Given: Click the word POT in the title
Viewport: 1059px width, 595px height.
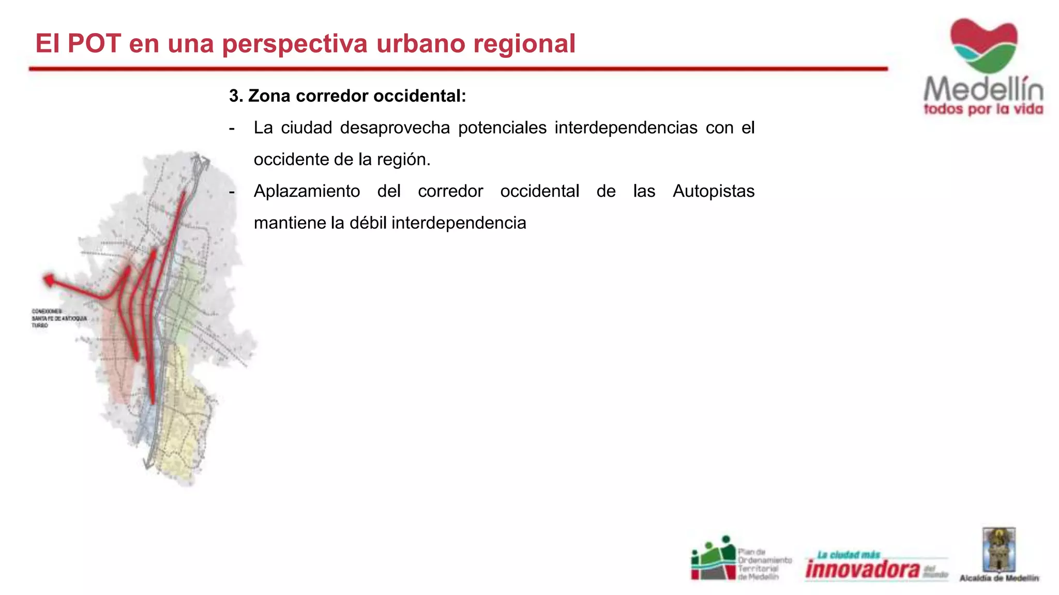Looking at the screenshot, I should click(x=94, y=43).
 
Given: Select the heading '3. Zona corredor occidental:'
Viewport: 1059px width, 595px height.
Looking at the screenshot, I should click(x=347, y=96).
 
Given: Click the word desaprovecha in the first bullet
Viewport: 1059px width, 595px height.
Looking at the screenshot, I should click(x=395, y=128).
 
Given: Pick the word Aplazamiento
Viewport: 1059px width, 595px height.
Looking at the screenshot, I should click(x=307, y=191).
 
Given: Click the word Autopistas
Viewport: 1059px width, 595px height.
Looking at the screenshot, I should click(x=714, y=191).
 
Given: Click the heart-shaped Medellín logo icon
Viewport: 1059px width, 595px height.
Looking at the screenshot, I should click(x=984, y=45).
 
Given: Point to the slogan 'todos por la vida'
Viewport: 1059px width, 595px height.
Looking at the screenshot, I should click(x=983, y=109).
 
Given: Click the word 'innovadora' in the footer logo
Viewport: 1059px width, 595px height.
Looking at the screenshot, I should click(x=863, y=569).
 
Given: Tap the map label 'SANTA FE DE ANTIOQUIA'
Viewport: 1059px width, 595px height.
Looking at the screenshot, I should click(x=59, y=319).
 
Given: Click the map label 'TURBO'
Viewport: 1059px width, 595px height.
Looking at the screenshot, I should click(x=39, y=326).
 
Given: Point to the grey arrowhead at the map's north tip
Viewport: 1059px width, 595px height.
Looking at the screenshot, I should click(x=203, y=160).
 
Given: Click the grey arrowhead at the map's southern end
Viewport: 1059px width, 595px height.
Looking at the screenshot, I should click(x=148, y=464).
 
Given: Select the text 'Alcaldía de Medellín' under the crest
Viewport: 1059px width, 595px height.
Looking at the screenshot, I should click(x=999, y=578).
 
